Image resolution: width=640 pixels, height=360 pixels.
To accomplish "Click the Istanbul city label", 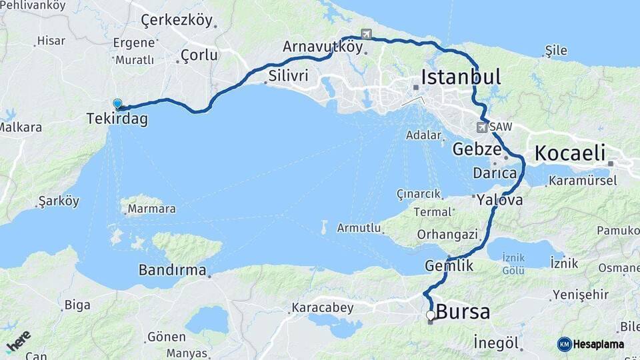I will (461, 77).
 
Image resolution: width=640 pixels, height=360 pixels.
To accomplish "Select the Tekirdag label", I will (117, 119).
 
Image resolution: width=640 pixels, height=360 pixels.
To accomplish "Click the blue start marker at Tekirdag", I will (118, 104).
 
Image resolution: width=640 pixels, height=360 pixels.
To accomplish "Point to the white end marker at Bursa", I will (431, 315).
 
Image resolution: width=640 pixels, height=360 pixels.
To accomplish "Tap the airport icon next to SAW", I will (482, 127).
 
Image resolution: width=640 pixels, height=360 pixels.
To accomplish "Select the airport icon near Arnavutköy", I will (365, 34).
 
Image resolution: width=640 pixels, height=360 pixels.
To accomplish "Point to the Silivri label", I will (288, 75).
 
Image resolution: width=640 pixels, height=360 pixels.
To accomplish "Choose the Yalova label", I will (499, 199).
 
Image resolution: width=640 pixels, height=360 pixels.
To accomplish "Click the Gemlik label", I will (449, 266).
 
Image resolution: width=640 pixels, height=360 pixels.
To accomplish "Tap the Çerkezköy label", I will (177, 21).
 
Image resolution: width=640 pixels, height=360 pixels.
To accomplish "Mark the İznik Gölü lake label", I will (513, 265).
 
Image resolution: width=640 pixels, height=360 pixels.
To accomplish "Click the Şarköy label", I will (59, 201).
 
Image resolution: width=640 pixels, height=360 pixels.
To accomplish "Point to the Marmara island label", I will (151, 209).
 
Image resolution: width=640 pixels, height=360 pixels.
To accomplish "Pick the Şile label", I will (555, 51).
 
